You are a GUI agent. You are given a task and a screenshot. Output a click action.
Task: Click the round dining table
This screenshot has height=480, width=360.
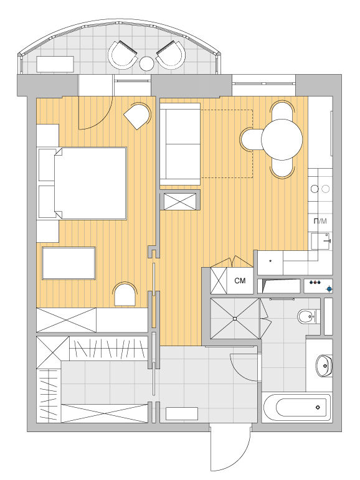click(x=282, y=139)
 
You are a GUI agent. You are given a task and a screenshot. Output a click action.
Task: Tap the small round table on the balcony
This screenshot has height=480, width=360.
click(x=146, y=64)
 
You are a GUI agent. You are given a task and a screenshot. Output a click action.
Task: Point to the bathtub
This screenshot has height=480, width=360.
click(x=296, y=407)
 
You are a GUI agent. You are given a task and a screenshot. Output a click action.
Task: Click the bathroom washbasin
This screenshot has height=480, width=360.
click(x=323, y=365)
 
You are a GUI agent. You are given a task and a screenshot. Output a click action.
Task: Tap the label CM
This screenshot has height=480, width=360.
click(x=240, y=281)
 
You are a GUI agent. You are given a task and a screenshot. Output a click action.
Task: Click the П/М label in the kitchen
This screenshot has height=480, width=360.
click(x=320, y=221)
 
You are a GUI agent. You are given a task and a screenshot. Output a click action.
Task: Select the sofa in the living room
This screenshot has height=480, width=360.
click(x=180, y=144)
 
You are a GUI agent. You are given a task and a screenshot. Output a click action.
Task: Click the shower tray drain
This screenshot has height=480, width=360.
click(x=235, y=319)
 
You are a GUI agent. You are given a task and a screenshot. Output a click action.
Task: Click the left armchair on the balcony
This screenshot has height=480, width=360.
click(x=122, y=55)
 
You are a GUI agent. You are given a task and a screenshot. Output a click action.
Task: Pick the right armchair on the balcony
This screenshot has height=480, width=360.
click(x=171, y=55)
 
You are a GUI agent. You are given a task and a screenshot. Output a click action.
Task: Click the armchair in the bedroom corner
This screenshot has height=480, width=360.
click(x=138, y=116)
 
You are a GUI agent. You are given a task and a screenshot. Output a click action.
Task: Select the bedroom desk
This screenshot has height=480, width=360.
click(x=69, y=263)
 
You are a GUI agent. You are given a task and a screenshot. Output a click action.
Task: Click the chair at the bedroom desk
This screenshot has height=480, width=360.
click(x=125, y=294)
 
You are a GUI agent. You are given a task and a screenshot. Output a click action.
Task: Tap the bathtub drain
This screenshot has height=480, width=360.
click(x=318, y=407)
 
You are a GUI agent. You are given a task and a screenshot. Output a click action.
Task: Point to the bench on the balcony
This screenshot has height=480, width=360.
click(x=55, y=64)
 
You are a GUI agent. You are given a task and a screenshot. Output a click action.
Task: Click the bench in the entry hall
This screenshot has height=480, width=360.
click(x=182, y=413)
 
